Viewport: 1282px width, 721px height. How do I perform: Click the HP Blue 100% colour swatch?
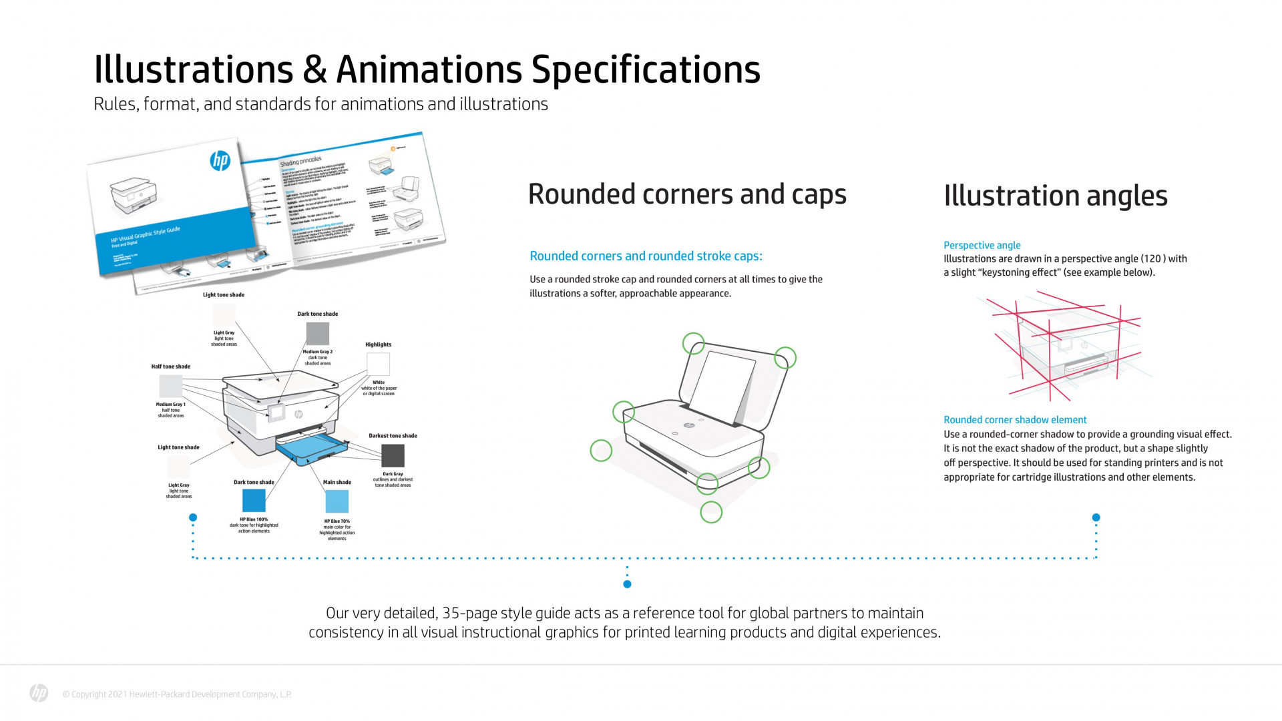click(254, 501)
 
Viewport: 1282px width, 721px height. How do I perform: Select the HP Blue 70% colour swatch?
click(337, 501)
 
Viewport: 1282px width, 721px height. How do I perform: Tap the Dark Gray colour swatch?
click(393, 456)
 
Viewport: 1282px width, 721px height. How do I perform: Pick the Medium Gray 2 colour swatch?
click(318, 333)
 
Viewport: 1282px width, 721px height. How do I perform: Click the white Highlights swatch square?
click(378, 364)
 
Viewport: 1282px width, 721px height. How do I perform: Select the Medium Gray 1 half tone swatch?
click(170, 387)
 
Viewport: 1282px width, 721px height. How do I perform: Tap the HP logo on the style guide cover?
click(220, 160)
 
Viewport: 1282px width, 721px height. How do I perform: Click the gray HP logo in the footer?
click(39, 694)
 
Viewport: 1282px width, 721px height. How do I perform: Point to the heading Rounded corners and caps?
click(687, 194)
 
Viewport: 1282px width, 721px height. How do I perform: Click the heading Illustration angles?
click(1055, 196)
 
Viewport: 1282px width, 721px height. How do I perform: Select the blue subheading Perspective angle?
click(982, 245)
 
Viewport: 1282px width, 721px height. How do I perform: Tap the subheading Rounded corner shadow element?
click(1015, 419)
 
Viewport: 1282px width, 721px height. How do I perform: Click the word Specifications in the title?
click(645, 69)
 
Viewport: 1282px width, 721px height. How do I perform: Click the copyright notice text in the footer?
click(177, 694)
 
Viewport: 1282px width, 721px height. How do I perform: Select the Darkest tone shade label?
click(393, 435)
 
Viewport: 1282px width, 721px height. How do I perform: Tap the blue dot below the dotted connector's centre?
click(627, 584)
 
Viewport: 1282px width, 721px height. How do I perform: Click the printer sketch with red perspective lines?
click(1065, 347)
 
